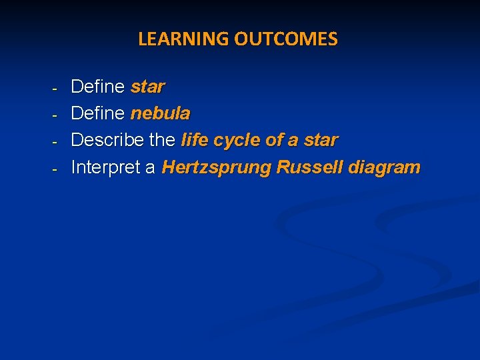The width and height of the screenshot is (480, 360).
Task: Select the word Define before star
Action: (x=97, y=87)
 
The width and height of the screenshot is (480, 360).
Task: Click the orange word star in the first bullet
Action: (x=147, y=87)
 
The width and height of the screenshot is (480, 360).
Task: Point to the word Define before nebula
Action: (x=97, y=113)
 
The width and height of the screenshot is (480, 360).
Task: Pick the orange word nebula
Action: (x=160, y=113)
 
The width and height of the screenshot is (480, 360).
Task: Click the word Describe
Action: (x=107, y=141)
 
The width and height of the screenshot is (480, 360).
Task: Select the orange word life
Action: (x=195, y=141)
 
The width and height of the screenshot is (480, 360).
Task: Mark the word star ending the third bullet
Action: (x=321, y=141)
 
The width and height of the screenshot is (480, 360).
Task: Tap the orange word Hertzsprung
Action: (x=216, y=167)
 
